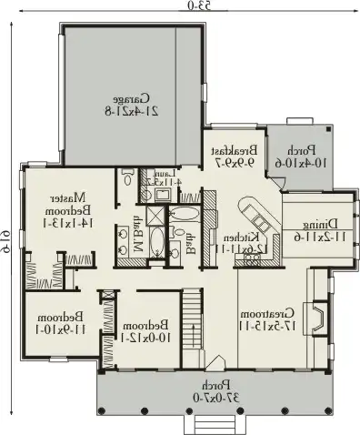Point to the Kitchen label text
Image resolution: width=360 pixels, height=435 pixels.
pyautogui.click(x=233, y=241)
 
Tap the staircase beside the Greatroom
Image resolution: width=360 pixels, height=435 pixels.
pyautogui.click(x=192, y=321)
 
